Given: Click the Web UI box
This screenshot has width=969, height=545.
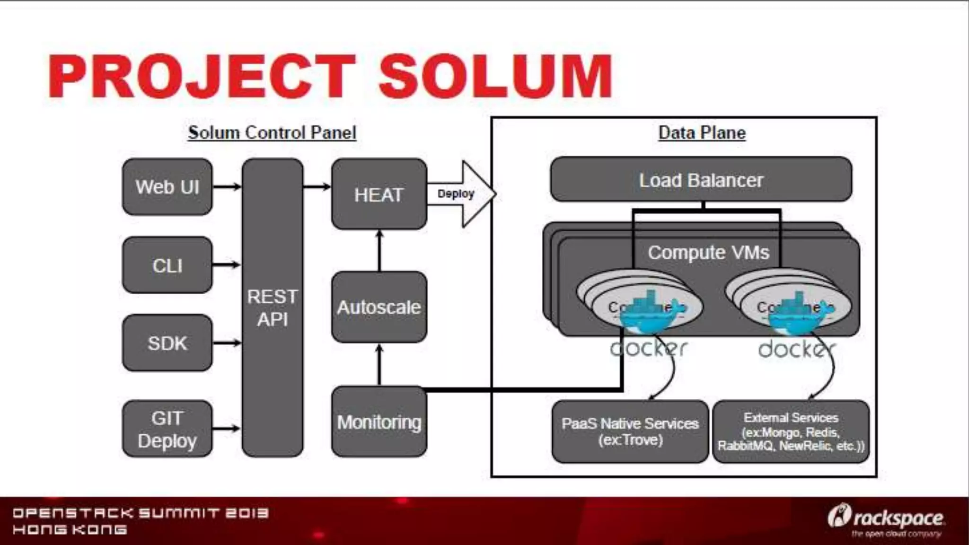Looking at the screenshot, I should [x=167, y=187].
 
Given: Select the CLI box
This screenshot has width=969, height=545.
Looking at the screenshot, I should [x=167, y=265].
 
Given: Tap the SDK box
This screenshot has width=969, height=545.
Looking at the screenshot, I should [x=167, y=343].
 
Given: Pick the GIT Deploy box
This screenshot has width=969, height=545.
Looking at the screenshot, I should [x=167, y=429].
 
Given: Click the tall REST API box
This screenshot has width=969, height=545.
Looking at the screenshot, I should [x=273, y=308].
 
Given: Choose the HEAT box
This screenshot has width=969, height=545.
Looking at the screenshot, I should [x=379, y=194].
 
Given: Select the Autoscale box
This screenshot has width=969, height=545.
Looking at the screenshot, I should [x=379, y=307].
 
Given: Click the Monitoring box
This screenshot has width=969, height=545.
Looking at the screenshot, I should [x=379, y=422].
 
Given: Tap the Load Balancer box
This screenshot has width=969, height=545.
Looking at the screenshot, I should [x=701, y=180].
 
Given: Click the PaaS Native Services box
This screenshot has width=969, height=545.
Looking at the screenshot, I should [x=630, y=431].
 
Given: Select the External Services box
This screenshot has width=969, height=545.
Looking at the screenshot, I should [x=791, y=431].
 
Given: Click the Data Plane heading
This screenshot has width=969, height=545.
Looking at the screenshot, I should [x=702, y=132].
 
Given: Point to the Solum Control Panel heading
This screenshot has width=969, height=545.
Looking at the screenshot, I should [x=272, y=132].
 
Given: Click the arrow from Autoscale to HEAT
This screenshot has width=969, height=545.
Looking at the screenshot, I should [x=379, y=250].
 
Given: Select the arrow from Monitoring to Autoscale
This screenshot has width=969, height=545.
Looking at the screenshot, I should [x=379, y=364].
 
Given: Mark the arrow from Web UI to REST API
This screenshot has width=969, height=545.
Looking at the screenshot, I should [x=227, y=187].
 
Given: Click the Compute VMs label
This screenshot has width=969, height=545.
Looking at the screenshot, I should [x=708, y=253].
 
